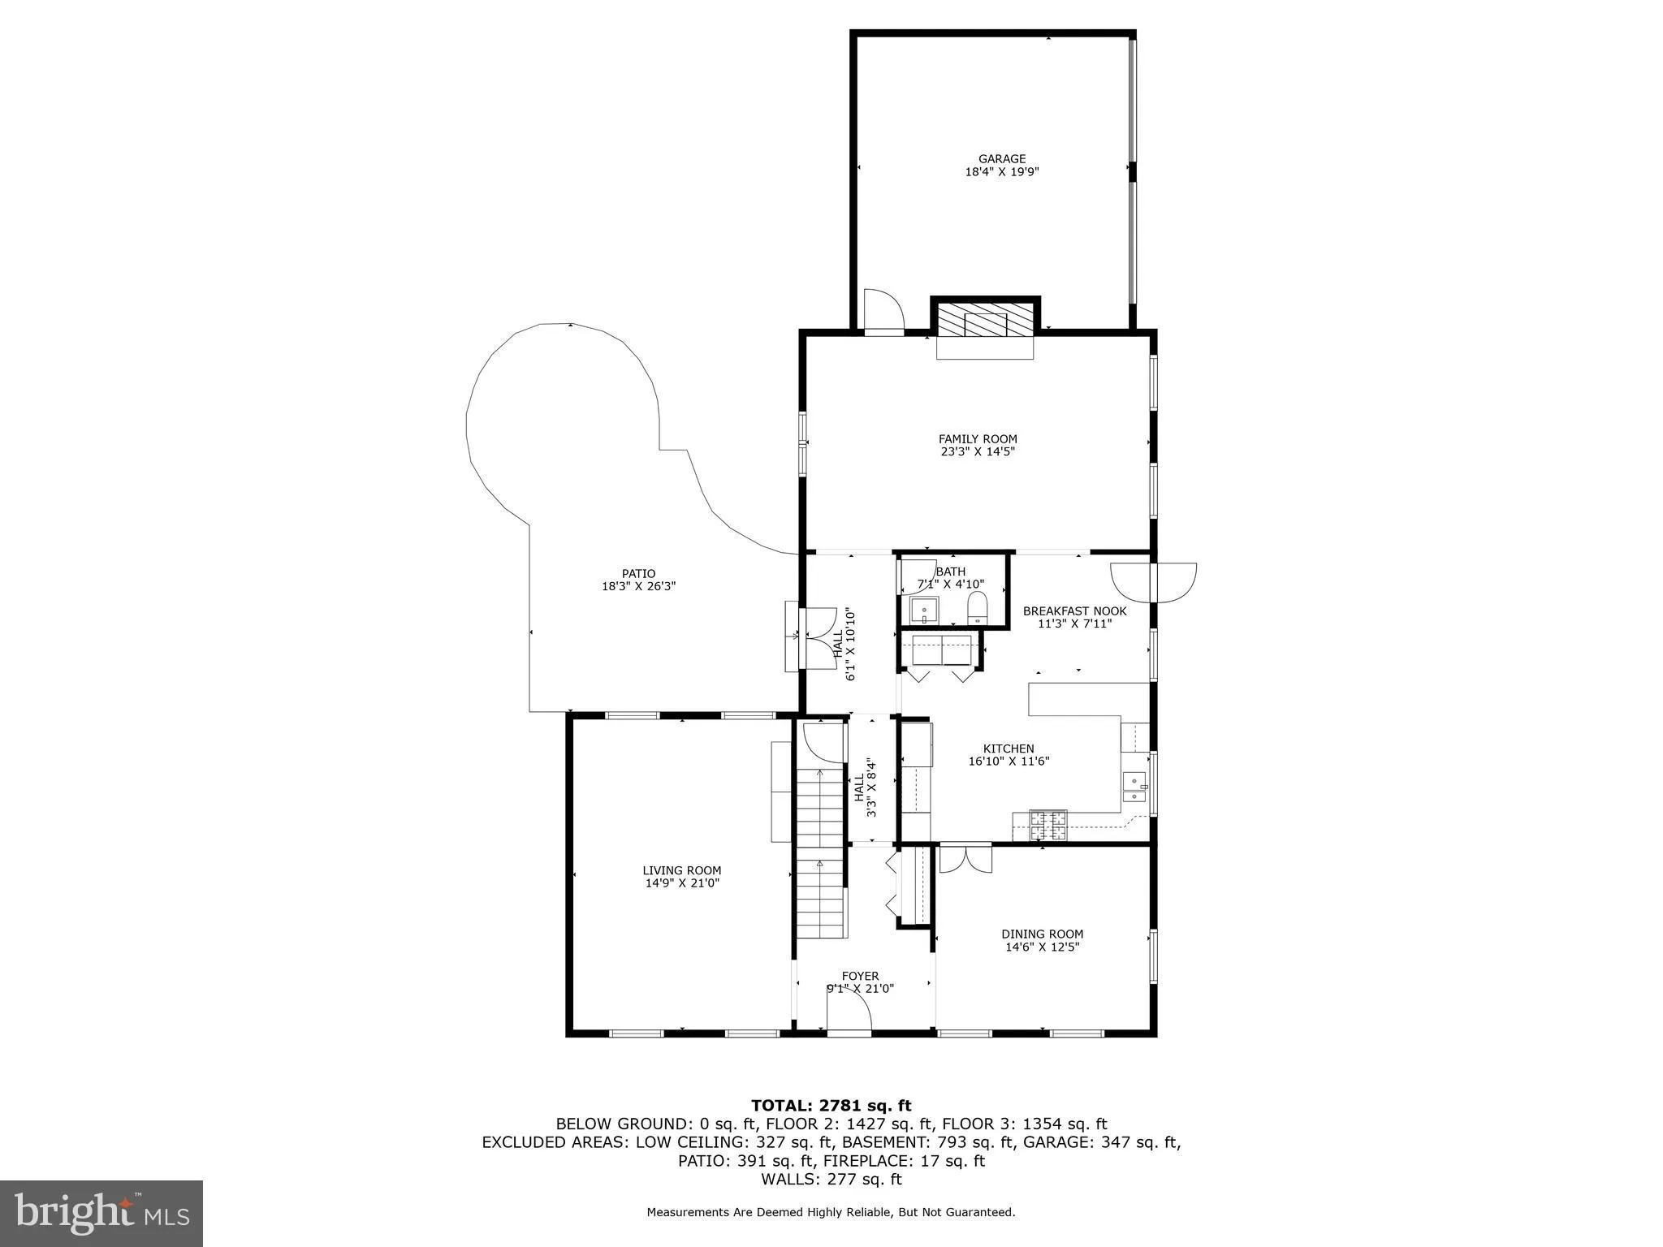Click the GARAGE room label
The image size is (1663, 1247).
click(1001, 159)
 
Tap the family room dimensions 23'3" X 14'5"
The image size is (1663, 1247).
click(978, 451)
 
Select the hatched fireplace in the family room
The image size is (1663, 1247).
click(985, 324)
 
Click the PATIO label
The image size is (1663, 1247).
click(638, 573)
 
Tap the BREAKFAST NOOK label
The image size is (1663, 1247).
click(1074, 611)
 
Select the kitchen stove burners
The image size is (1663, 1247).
click(1048, 826)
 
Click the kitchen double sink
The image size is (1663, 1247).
click(1134, 787)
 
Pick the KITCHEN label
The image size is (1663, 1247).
click(1009, 749)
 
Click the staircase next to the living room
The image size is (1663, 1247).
click(820, 852)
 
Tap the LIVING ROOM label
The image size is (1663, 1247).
click(681, 870)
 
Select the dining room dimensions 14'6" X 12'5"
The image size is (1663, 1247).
click(1042, 947)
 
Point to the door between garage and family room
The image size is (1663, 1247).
click(883, 312)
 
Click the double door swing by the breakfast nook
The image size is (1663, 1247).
click(1154, 582)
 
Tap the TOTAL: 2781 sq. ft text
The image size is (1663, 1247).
click(831, 1106)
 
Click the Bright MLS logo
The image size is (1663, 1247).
click(102, 1213)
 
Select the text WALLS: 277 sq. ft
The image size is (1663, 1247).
click(831, 1180)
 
